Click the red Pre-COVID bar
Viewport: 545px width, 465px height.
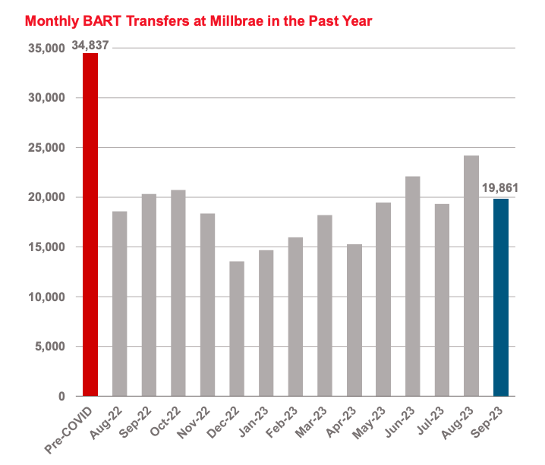click(90, 225)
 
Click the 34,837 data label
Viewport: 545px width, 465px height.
click(90, 46)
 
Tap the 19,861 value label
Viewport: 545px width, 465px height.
click(501, 189)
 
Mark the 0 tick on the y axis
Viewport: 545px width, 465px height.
click(62, 396)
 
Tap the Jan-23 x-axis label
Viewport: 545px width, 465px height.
click(257, 421)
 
